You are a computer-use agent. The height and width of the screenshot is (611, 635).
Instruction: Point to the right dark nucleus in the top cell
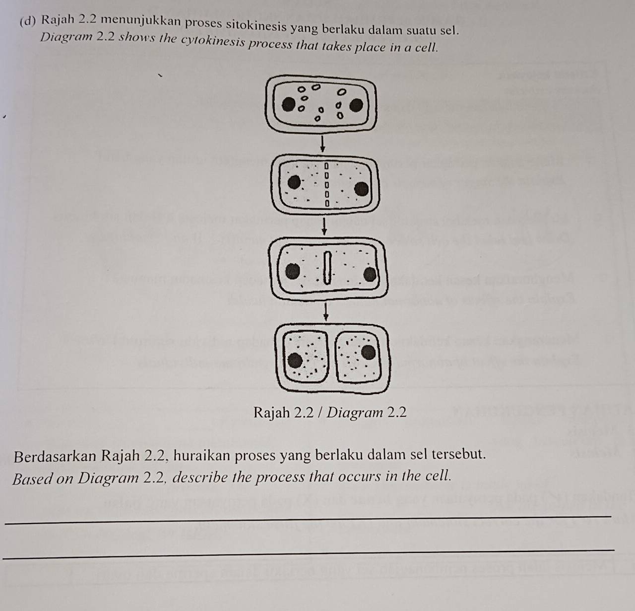pyautogui.click(x=356, y=105)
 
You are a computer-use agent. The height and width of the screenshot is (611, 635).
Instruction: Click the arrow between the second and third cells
pyautogui.click(x=324, y=228)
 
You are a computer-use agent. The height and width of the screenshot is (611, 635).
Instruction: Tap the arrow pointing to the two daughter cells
pyautogui.click(x=326, y=312)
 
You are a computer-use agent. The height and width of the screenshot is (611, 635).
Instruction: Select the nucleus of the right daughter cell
pyautogui.click(x=368, y=352)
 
